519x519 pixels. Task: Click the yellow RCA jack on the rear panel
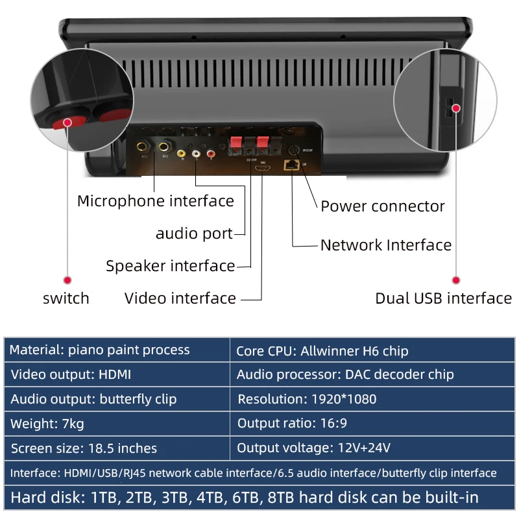point(181,154)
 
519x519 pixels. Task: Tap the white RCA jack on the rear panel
point(196,154)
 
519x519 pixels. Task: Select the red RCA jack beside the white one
point(210,154)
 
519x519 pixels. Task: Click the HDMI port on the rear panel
point(261,168)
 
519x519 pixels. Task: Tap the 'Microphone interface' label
point(156,201)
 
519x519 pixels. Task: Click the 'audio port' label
point(194,234)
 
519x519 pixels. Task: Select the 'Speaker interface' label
point(171,266)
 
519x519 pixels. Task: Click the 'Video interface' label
point(180,298)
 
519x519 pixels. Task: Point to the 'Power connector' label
point(383,206)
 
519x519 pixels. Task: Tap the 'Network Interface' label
point(386,245)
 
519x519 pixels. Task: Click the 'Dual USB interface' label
point(444,298)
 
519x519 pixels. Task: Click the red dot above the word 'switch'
point(67,280)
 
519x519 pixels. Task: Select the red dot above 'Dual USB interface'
point(456,280)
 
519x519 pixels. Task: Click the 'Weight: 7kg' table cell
point(117,424)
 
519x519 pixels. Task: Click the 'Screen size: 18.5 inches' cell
point(117,448)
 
